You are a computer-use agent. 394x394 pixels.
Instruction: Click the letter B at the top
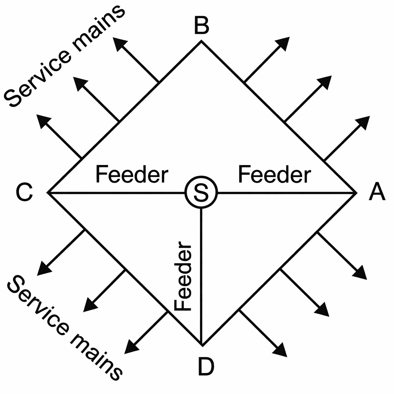201,27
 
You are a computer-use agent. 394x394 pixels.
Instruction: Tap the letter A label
377,192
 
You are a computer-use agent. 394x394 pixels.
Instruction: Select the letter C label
24,192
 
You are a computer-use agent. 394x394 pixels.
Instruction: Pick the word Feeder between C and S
132,175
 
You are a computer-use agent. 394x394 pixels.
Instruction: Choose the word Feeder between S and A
274,175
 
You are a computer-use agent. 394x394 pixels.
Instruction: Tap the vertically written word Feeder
183,277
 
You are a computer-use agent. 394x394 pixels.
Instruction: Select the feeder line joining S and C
115,192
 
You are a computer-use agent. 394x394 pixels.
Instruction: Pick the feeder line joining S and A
285,192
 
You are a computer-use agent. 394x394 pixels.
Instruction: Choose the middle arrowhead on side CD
90,306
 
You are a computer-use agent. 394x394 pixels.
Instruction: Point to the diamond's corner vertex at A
354,192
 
